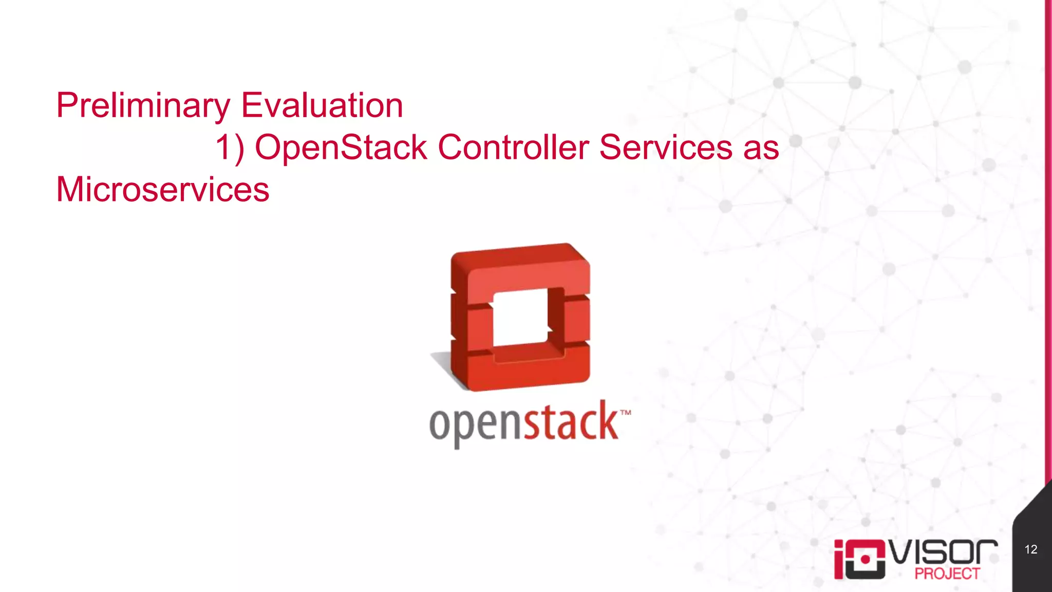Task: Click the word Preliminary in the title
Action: click(x=143, y=106)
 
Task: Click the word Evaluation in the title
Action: click(x=322, y=106)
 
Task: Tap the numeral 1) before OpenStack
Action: click(x=230, y=148)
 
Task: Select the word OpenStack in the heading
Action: click(x=341, y=148)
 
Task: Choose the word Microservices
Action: click(x=162, y=190)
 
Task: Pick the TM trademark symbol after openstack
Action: click(x=625, y=413)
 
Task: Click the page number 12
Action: click(x=1030, y=549)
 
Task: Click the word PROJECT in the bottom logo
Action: click(x=947, y=573)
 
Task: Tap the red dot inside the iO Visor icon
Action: click(x=865, y=559)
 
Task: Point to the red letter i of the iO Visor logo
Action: click(x=839, y=560)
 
